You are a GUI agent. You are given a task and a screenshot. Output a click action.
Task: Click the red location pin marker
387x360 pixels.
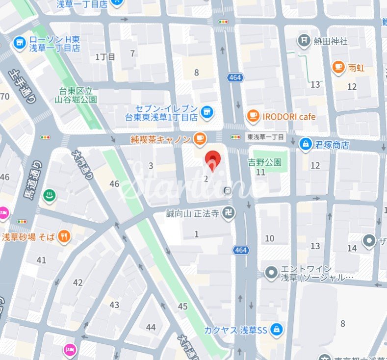point(212,161)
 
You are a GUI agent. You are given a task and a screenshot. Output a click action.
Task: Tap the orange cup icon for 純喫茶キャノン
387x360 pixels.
point(199,139)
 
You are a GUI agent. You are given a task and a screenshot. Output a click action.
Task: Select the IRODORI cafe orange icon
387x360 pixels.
point(253,116)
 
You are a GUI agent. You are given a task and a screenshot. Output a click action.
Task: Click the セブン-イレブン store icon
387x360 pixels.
point(207,112)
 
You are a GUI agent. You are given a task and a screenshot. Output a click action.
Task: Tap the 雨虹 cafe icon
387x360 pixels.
point(338,67)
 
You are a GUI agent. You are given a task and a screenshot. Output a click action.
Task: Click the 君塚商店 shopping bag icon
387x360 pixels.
point(306,144)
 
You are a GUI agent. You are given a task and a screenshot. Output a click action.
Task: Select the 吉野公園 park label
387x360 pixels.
point(264,162)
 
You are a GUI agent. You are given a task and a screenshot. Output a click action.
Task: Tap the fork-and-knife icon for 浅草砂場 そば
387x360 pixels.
point(64,237)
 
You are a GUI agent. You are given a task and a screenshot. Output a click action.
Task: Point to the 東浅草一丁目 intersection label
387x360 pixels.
point(265,137)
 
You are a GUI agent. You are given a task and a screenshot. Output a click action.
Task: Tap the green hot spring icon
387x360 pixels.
point(49,196)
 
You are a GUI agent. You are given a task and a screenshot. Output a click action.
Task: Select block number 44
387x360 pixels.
point(151,327)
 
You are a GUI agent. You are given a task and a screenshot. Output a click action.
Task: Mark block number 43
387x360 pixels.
point(114,305)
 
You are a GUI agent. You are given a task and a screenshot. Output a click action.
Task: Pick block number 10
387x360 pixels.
point(270,238)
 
